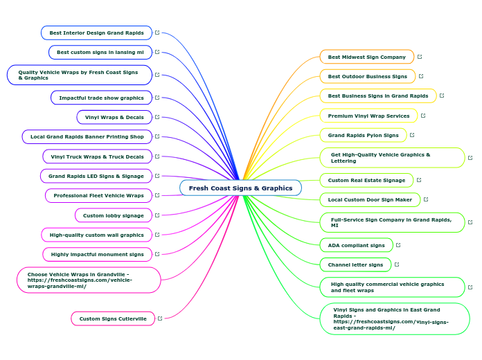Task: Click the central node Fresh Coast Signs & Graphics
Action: coord(240,188)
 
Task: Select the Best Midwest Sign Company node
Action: coord(366,57)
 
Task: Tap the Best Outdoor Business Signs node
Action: coord(367,76)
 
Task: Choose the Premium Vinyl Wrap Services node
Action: coord(368,116)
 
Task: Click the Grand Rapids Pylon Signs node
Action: coord(363,135)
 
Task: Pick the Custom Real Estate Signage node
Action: coord(366,180)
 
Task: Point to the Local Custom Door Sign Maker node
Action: coord(370,199)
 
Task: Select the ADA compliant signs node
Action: coord(356,245)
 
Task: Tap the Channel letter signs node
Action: coord(355,264)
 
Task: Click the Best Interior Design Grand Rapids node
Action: coord(96,33)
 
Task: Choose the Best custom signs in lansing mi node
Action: coord(100,52)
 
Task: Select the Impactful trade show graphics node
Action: coord(101,98)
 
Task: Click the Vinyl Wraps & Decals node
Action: coord(114,117)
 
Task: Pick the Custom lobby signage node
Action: coord(113,215)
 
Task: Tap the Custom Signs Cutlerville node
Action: coord(112,318)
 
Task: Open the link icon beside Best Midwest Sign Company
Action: coord(420,57)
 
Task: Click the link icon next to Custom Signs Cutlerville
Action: coord(160,318)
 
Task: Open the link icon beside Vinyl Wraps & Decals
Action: coord(158,117)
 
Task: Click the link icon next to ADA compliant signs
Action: coord(398,245)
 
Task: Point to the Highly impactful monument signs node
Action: coord(97,254)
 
